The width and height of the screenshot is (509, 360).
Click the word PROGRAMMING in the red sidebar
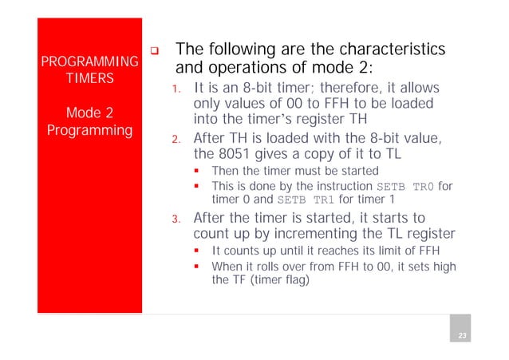pyautogui.click(x=89, y=62)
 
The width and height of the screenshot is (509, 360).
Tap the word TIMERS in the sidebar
pyautogui.click(x=89, y=80)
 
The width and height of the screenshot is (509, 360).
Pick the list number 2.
pyautogui.click(x=180, y=140)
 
